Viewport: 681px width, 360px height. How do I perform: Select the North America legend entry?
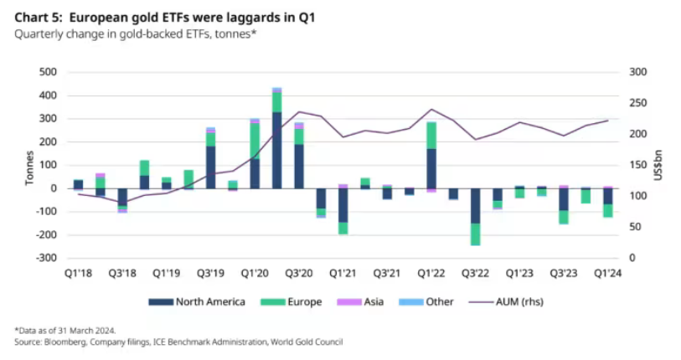click(197, 301)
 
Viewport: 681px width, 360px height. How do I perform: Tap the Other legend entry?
click(436, 301)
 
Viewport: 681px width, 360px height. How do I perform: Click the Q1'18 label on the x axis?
click(78, 273)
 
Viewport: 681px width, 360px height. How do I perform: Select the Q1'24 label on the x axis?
click(607, 273)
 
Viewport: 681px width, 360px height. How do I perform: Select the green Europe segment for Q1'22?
click(431, 135)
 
